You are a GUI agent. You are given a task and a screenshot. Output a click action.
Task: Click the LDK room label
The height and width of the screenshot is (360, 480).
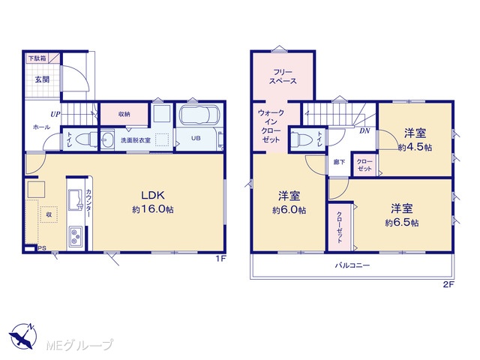pyautogui.click(x=153, y=195)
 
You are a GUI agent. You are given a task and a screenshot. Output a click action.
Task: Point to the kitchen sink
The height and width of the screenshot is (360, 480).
pyautogui.click(x=76, y=199)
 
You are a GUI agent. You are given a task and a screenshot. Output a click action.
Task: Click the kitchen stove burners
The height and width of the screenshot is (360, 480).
pyautogui.click(x=75, y=236)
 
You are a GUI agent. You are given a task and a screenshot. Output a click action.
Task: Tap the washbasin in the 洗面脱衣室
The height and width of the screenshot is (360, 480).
pyautogui.click(x=106, y=141)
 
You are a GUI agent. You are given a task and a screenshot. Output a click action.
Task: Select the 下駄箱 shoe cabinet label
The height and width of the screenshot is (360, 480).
pyautogui.click(x=37, y=58)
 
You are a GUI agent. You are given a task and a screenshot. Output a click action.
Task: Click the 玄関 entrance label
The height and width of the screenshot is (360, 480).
pyautogui.click(x=42, y=79)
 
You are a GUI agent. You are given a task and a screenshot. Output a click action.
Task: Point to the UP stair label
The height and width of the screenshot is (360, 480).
pyautogui.click(x=55, y=115)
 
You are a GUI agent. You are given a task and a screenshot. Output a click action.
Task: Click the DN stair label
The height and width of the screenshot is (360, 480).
pyautogui.click(x=364, y=131)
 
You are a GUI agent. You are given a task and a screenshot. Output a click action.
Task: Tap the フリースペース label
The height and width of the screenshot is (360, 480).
pyautogui.click(x=283, y=76)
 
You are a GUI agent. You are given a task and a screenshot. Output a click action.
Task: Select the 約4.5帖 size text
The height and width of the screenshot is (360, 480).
pyautogui.click(x=415, y=148)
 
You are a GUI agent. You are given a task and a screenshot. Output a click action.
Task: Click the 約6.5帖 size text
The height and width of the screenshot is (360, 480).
pyautogui.click(x=402, y=223)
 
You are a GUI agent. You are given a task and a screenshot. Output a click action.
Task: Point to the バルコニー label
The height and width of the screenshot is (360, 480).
pyautogui.click(x=352, y=265)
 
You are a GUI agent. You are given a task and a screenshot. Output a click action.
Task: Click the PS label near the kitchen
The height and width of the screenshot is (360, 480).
pyautogui.click(x=42, y=248)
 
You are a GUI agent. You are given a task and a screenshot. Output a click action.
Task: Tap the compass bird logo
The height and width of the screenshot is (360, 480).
pyautogui.click(x=23, y=336)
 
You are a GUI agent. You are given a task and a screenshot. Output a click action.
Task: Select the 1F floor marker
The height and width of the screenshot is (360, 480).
pyautogui.click(x=220, y=259)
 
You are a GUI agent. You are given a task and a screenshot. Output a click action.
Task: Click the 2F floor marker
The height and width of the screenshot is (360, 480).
pyautogui.click(x=448, y=285)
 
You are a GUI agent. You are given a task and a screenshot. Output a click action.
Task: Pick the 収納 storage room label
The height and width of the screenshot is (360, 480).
pyautogui.click(x=124, y=114)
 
